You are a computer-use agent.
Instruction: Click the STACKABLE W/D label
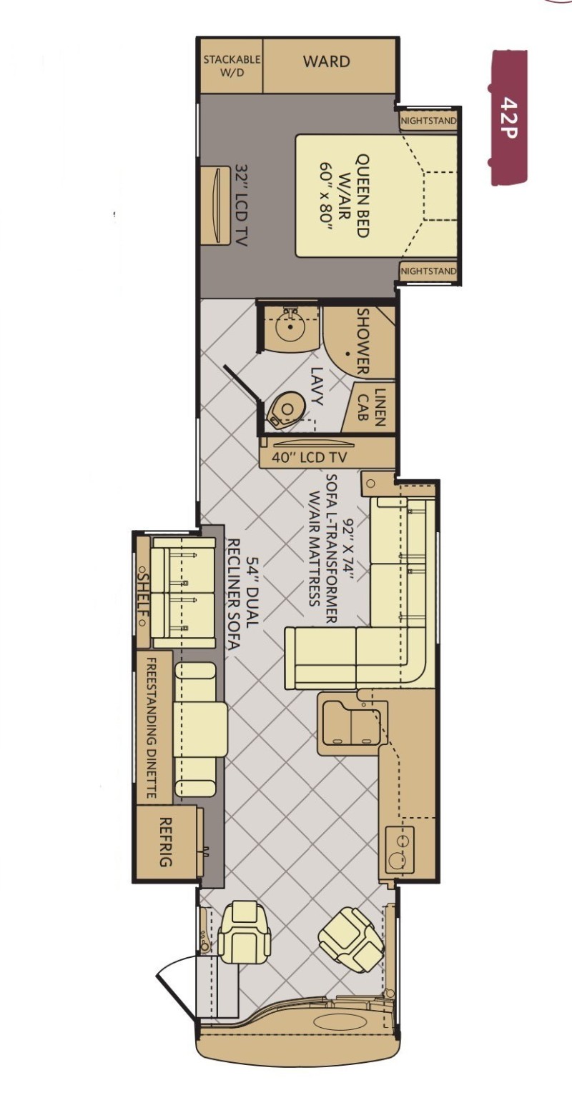[232, 66]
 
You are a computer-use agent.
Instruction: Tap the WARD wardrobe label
[327, 61]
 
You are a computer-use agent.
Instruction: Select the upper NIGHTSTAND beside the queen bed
[429, 121]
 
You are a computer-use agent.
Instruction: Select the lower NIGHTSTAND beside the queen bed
[429, 271]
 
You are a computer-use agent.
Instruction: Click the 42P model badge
[509, 118]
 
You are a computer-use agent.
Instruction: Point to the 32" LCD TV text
[242, 205]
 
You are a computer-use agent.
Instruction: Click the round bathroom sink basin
[292, 326]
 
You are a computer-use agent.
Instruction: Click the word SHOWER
[363, 341]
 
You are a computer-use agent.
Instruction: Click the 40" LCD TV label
[310, 458]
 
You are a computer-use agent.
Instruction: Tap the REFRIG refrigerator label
[166, 842]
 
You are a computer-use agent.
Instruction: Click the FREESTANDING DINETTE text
[152, 728]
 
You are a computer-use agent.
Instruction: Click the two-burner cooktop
[399, 849]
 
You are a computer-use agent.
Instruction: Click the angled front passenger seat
[245, 927]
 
